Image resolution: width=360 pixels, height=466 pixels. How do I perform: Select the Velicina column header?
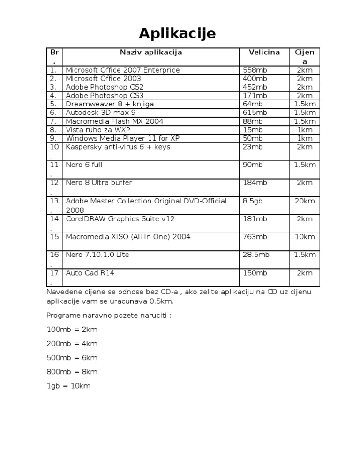[x=264, y=53]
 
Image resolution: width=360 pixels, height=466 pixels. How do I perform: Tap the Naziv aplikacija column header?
[x=151, y=53]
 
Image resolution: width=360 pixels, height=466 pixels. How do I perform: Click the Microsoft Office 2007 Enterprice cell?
[x=122, y=70]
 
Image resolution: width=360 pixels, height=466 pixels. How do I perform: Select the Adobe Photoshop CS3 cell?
[x=105, y=96]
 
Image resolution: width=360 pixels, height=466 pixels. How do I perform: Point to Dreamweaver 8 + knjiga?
[x=110, y=104]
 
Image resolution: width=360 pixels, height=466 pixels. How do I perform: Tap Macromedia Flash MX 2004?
[x=114, y=121]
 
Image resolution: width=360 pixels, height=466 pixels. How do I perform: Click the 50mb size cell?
[x=253, y=138]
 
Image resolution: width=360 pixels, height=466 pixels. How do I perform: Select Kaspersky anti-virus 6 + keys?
[x=118, y=147]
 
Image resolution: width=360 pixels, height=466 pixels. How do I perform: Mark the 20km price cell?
[x=305, y=201]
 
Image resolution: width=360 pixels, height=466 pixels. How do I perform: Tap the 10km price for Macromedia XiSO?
[x=305, y=237]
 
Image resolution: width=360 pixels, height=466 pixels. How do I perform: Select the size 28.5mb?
[x=256, y=255]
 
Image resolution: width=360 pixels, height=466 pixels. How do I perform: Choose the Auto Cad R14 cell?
[x=90, y=273]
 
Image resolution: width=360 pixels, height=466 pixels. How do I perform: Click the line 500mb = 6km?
[x=72, y=358]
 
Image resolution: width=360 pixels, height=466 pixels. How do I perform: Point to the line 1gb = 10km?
[x=68, y=386]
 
